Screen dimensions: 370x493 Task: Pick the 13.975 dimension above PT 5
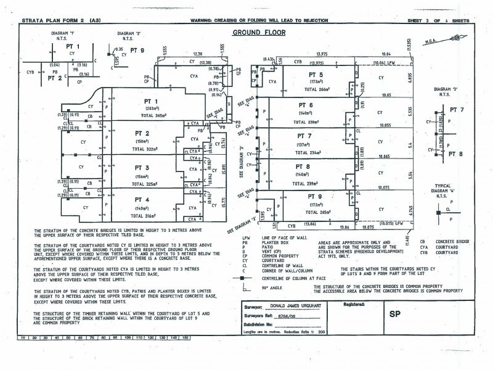(x=318, y=54)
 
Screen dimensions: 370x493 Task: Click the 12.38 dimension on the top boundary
(x=198, y=54)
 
